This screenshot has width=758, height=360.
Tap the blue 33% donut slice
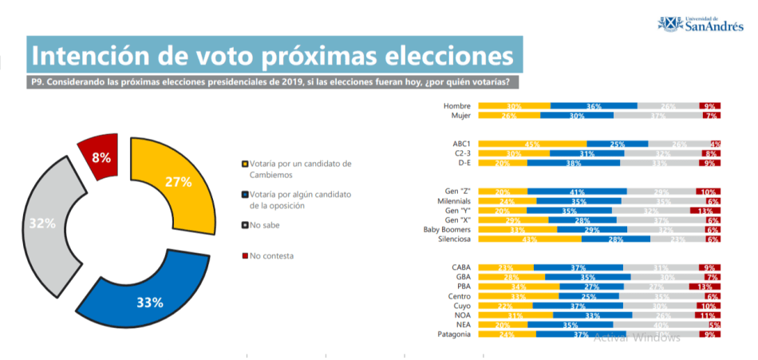148,302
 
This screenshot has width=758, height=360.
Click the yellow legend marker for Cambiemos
243,164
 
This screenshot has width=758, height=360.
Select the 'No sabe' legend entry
263,225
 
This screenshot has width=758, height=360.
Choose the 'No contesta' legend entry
270,255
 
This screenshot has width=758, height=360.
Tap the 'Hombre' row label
457,105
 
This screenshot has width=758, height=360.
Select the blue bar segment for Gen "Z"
577,192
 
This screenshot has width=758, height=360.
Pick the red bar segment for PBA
705,287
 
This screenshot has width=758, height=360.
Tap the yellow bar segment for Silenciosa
530,239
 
